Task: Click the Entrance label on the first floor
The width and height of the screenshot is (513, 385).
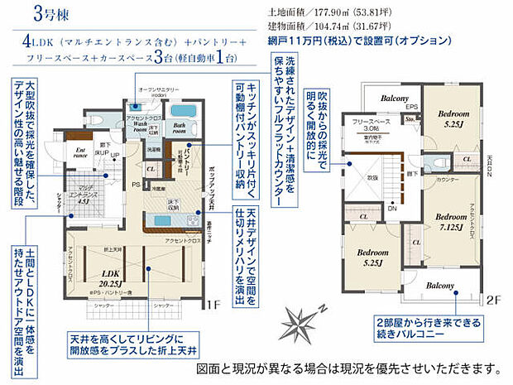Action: click(x=81, y=152)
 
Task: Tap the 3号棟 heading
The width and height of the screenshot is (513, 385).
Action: click(x=49, y=13)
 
